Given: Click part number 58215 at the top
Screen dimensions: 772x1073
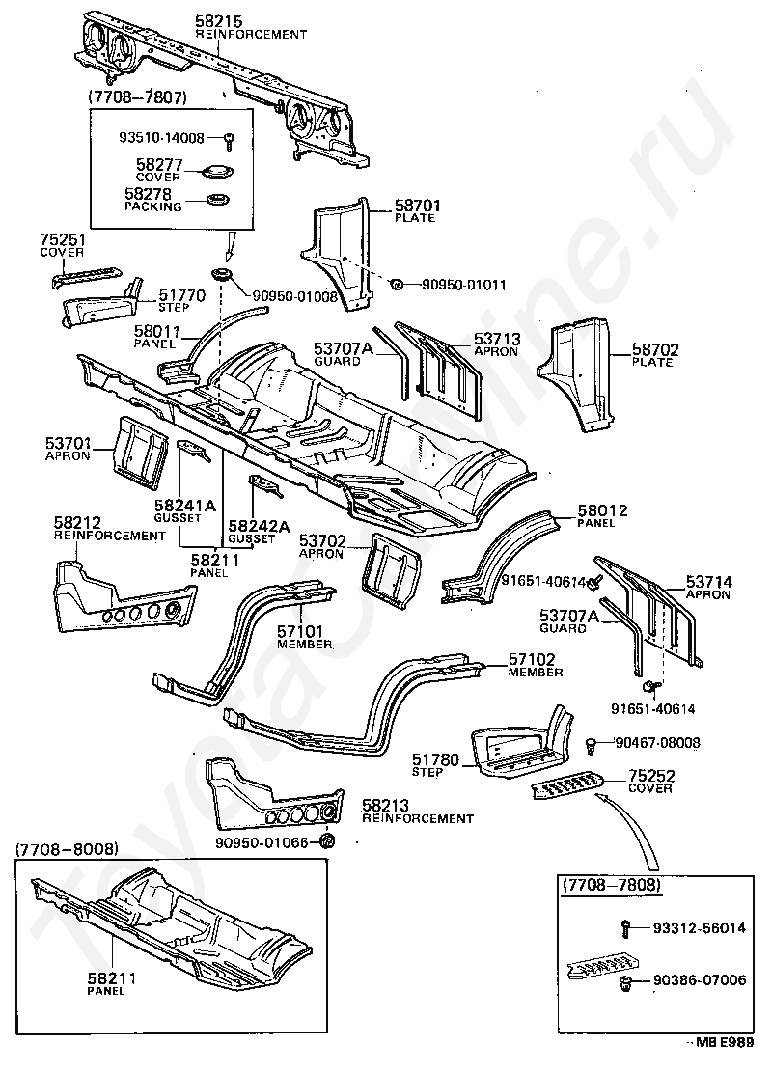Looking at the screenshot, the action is coord(218,22).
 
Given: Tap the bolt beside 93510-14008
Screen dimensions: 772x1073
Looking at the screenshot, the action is coord(230,140).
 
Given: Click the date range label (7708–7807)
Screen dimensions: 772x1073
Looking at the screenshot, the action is coord(137,97).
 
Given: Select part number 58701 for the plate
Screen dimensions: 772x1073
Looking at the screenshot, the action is coord(418,206).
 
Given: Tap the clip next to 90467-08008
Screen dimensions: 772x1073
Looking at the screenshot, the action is coord(592,745).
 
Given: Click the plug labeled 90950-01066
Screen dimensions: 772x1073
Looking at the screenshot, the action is coord(327,841).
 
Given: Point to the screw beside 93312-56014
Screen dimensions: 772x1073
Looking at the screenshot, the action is coord(625,928).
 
